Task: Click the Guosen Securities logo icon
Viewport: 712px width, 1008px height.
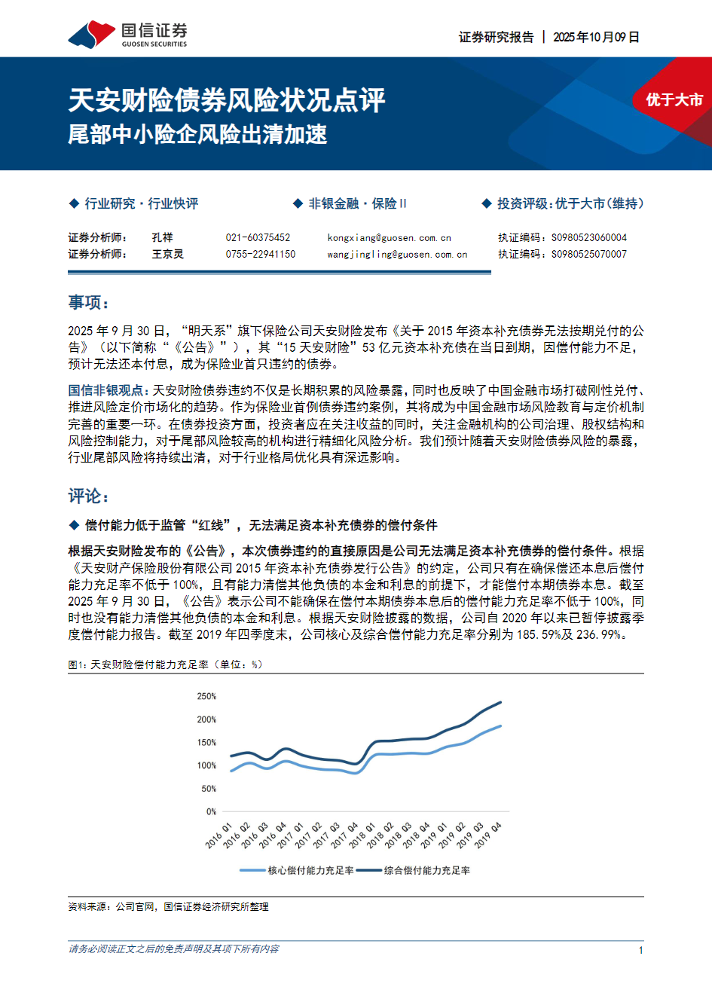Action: coord(91,35)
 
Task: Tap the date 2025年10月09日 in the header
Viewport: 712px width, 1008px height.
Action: coord(596,37)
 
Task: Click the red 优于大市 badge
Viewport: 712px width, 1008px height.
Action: coord(674,100)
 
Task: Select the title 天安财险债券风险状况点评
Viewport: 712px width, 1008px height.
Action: coord(227,100)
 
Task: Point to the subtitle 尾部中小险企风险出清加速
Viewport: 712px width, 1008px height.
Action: coord(197,135)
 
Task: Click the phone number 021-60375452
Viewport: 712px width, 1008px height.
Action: coord(258,237)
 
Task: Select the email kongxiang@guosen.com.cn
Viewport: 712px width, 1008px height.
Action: coord(389,237)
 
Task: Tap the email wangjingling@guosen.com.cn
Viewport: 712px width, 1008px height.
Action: coord(397,255)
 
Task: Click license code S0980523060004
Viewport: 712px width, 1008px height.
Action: coord(588,237)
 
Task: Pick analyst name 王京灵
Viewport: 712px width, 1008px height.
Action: coord(167,255)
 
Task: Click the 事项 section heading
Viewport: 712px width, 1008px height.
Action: coord(88,303)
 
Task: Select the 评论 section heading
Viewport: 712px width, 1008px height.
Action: coord(88,496)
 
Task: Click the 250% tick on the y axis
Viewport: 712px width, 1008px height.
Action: coord(206,696)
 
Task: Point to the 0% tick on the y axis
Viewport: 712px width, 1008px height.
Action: coord(211,811)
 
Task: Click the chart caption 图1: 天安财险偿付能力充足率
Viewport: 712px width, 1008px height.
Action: coord(165,664)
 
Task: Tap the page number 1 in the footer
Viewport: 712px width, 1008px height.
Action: coord(640,950)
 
